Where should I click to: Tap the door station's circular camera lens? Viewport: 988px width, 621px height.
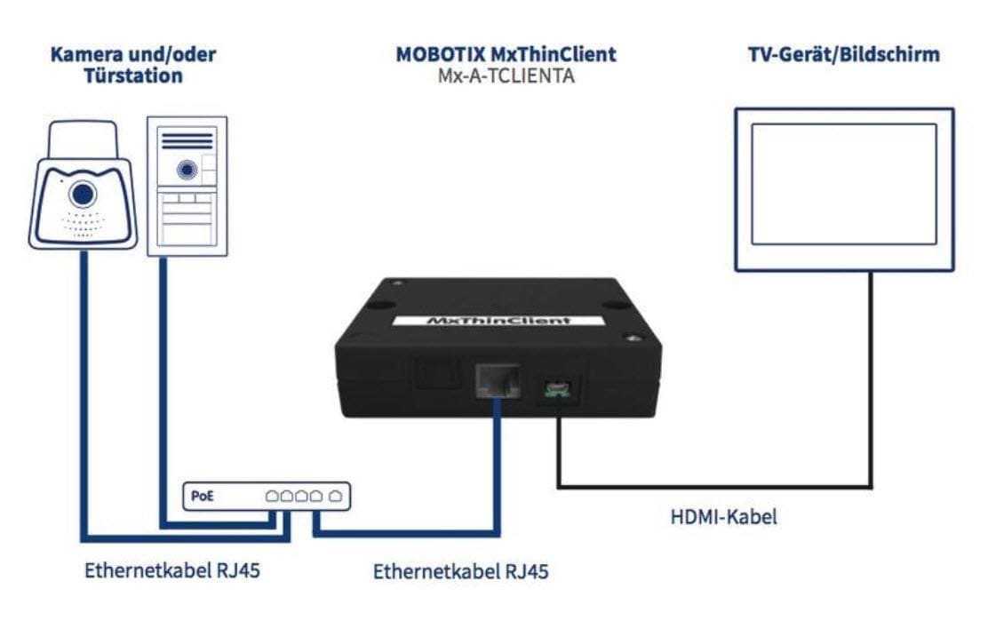click(185, 168)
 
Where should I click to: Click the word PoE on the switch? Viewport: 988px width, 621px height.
click(203, 497)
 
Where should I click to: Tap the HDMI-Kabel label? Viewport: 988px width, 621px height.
click(723, 516)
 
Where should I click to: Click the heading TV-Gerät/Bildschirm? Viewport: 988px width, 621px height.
click(843, 55)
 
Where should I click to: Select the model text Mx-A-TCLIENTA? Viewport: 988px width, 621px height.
click(506, 76)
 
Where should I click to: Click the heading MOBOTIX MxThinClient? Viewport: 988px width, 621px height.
click(506, 55)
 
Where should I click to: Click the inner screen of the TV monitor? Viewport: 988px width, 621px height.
click(843, 184)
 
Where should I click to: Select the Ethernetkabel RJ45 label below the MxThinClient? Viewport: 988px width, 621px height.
click(461, 570)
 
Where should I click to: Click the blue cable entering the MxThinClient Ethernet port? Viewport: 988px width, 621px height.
click(496, 462)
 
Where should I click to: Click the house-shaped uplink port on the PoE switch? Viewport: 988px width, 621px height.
click(335, 497)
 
